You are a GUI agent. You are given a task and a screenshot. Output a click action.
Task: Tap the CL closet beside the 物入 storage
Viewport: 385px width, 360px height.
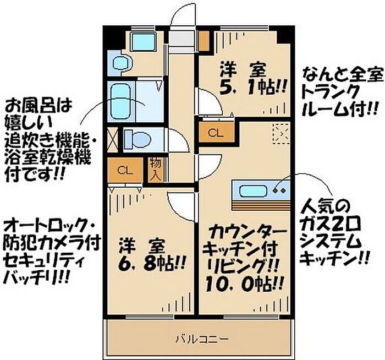point(125,170)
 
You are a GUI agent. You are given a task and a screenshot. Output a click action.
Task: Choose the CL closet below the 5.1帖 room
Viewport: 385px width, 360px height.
point(216,132)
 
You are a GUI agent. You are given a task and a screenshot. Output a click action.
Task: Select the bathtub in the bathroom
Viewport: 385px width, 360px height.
point(120,101)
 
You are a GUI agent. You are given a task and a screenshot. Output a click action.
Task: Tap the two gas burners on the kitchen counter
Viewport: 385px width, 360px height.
point(279,192)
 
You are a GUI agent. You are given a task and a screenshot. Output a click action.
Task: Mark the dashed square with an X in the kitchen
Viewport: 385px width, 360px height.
point(282,133)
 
